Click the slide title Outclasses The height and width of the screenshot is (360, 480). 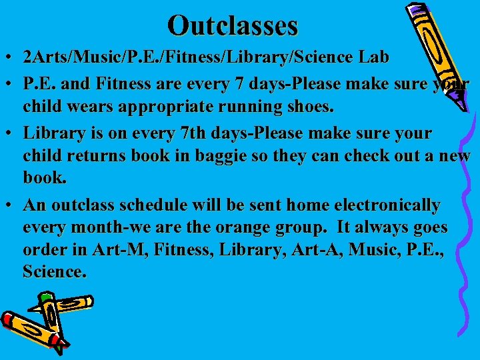[233, 25]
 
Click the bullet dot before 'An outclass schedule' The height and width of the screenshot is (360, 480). [11, 205]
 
